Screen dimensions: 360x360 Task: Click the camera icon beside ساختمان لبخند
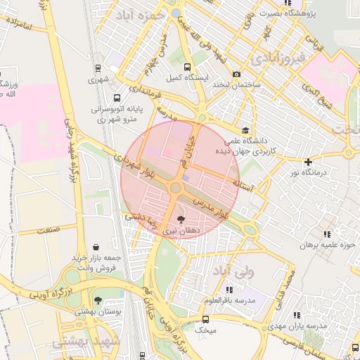pos(236,75)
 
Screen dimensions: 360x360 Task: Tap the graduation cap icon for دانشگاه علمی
pos(245,129)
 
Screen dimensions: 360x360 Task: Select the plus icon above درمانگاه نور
pos(308,162)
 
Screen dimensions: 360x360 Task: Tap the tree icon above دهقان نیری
pos(183,219)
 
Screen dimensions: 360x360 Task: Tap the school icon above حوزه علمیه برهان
pos(326,234)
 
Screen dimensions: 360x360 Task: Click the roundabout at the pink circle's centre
pos(175,188)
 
